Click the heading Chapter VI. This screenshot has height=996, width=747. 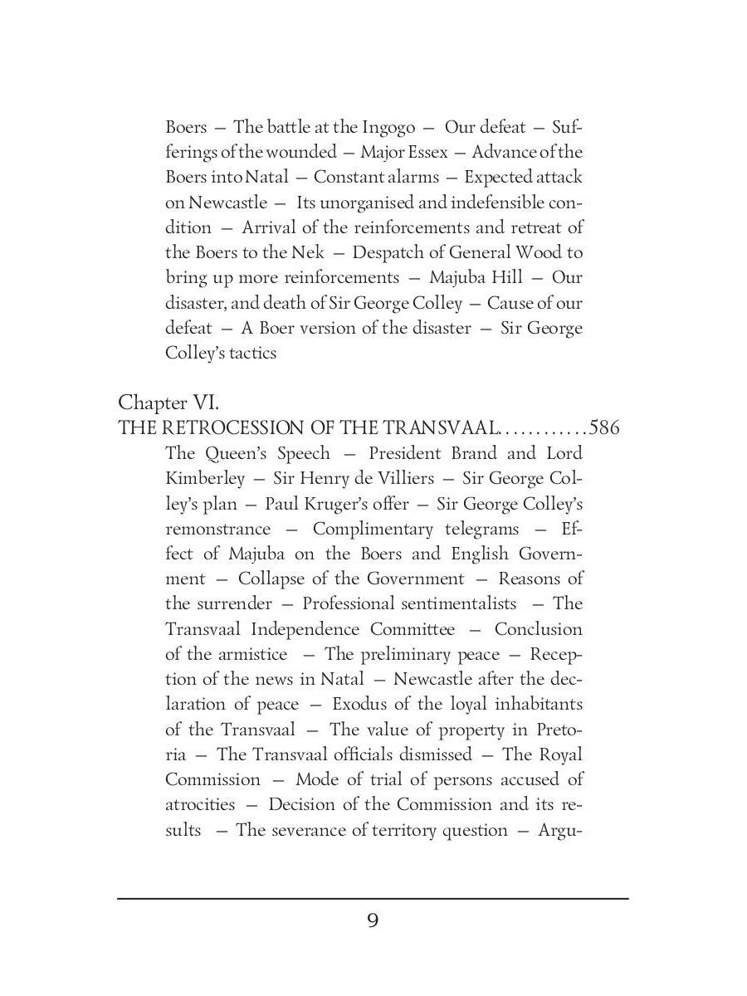coord(168,403)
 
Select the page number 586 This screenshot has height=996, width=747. coord(605,428)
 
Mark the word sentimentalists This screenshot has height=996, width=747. coord(456,604)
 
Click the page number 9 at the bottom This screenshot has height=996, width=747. coord(373,921)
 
